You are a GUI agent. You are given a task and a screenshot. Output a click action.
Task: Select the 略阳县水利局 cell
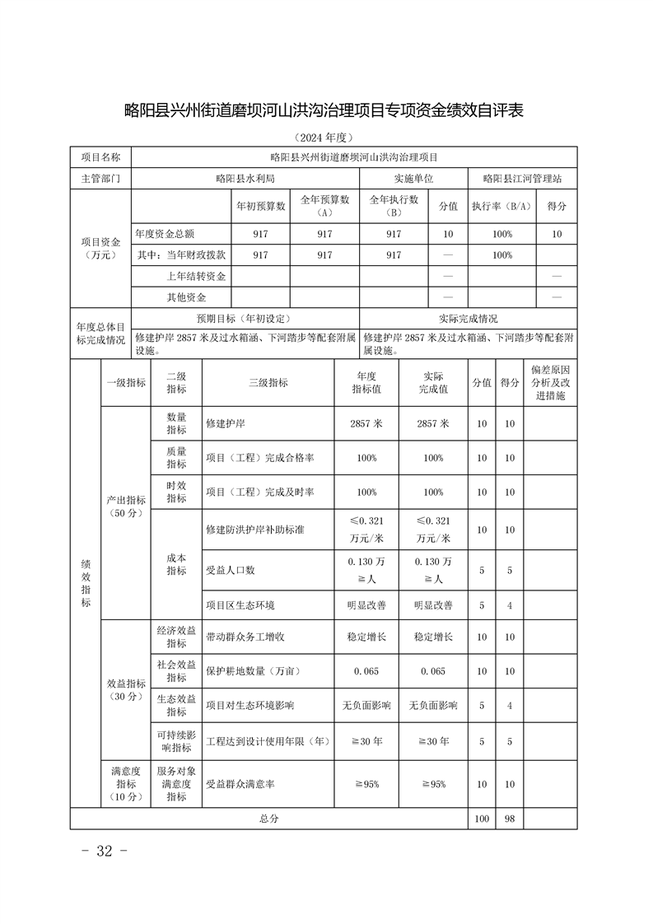[x=245, y=179]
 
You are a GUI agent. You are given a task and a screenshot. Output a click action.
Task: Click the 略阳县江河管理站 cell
[x=522, y=179]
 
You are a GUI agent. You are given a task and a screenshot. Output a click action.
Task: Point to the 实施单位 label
[x=413, y=179]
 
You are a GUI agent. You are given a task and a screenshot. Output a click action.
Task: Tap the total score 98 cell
[x=509, y=819]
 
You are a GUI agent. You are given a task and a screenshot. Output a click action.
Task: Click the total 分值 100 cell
[x=482, y=819]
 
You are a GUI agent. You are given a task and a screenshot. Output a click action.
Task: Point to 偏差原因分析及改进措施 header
[x=549, y=383]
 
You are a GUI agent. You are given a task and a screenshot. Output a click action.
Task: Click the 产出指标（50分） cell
[x=126, y=506]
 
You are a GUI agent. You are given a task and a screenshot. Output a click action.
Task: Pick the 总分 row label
[x=268, y=819]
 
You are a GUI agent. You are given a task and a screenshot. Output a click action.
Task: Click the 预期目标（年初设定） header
[x=245, y=318]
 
